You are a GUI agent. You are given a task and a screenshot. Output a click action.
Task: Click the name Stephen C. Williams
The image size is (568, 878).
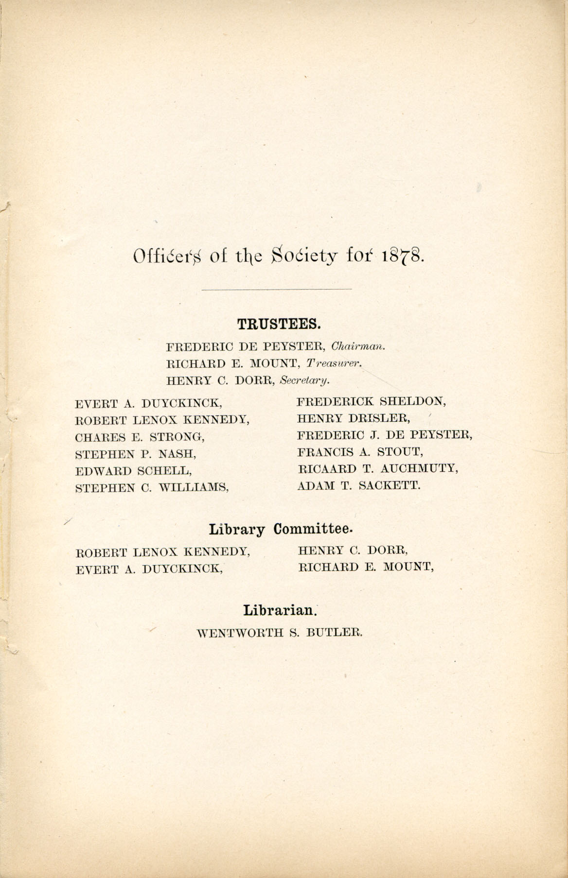(x=152, y=488)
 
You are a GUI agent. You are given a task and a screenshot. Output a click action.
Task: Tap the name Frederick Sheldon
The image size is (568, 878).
(x=372, y=401)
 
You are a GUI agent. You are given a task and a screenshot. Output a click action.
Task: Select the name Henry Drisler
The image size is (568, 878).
(x=355, y=418)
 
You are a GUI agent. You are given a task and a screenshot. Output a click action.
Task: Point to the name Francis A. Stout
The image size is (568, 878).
(x=360, y=452)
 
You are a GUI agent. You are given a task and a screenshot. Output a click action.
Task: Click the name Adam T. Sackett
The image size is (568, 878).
(x=358, y=485)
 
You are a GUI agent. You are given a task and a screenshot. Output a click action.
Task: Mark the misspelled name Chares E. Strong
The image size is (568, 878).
(x=140, y=437)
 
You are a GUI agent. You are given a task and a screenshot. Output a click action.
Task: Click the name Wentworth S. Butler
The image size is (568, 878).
(x=280, y=633)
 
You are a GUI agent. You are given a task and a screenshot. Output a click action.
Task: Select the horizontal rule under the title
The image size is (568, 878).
(x=276, y=290)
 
